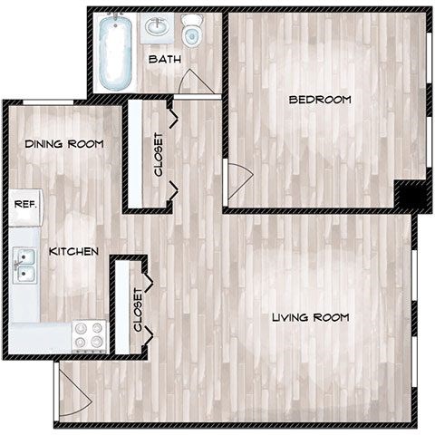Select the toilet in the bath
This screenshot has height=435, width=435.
click(x=191, y=33)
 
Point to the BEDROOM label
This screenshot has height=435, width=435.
click(x=319, y=100)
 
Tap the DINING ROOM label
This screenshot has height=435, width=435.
click(x=63, y=143)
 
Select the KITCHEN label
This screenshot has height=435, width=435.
click(x=74, y=251)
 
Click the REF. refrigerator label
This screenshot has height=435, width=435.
click(x=24, y=204)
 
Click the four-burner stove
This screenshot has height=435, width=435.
click(x=89, y=335)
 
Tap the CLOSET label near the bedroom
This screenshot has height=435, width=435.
click(x=159, y=154)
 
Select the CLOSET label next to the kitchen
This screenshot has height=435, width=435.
click(x=138, y=309)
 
